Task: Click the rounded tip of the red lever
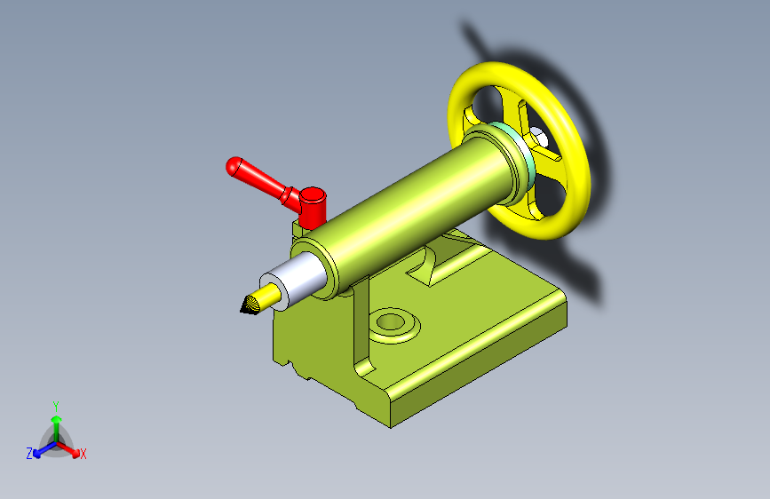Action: (234, 166)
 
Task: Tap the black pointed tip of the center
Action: (250, 305)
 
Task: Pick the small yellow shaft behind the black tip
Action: (270, 294)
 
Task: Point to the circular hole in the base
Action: (391, 322)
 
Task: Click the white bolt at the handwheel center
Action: (538, 136)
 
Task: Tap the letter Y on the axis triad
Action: (56, 406)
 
